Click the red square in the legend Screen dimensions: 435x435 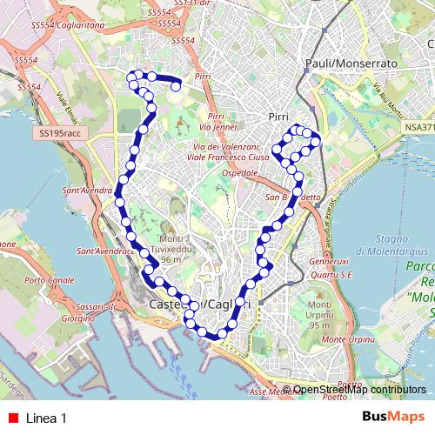[12, 418]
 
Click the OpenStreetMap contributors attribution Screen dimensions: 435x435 [359, 390]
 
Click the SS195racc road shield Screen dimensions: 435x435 [59, 133]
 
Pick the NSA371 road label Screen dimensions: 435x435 [417, 126]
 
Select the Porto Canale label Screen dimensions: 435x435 [49, 281]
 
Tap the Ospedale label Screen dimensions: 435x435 [241, 174]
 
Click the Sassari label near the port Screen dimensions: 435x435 [90, 307]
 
